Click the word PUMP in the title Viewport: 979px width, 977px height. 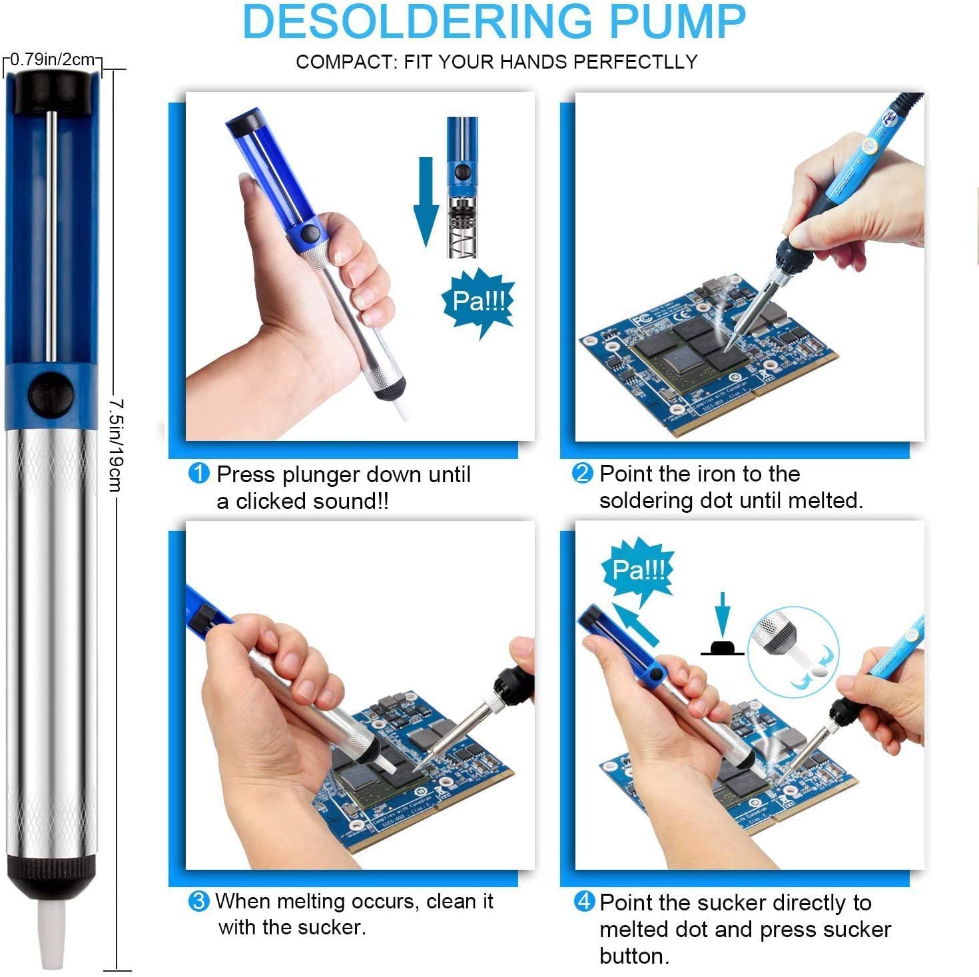[677, 21]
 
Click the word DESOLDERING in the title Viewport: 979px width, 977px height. [416, 21]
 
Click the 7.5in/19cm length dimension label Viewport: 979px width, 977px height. [116, 444]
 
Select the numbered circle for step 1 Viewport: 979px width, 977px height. [199, 474]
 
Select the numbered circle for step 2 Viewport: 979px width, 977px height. [582, 474]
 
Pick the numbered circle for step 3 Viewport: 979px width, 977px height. [198, 902]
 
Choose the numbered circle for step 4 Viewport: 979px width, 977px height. [583, 902]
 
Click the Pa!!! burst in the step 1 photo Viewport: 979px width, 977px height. [478, 302]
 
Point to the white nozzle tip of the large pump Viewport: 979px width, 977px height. [52, 932]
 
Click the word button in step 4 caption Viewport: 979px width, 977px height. [633, 956]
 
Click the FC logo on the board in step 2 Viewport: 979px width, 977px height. [641, 319]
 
